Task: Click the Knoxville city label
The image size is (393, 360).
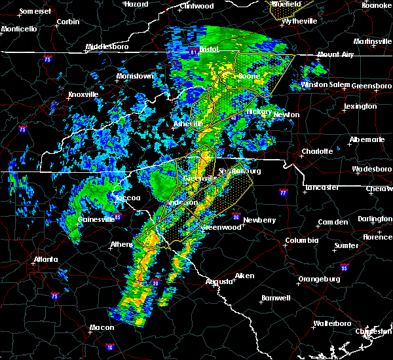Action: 83,94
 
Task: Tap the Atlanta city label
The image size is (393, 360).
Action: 48,259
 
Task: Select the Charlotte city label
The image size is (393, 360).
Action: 318,151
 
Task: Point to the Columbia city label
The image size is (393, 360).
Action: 301,240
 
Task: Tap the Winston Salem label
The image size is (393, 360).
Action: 325,84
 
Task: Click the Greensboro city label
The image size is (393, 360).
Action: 372,86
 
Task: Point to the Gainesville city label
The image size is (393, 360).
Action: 96,219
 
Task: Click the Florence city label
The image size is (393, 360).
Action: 378,236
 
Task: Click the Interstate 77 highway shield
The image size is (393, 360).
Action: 283,194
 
